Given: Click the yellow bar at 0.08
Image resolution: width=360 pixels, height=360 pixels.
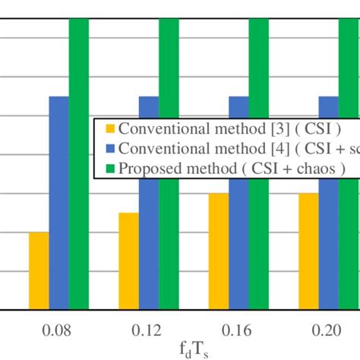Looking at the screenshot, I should point(39,270).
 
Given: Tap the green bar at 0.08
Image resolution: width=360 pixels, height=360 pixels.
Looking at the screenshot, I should point(78,163).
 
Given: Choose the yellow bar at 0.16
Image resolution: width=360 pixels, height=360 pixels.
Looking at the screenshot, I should point(219,251).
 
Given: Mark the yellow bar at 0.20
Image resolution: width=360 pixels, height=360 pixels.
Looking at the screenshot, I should point(308,251).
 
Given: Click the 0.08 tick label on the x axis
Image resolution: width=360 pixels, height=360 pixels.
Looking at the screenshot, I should point(58,332).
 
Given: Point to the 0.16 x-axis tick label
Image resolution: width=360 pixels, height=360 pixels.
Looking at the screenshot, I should point(238,332).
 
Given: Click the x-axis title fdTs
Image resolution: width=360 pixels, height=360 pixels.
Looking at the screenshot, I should point(194,350).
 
